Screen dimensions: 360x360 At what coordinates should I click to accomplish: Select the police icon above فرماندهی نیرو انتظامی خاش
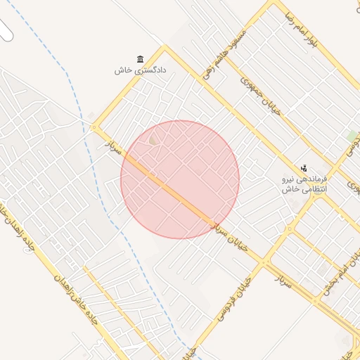coord(304,168)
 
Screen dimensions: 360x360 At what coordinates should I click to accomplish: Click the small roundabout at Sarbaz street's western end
coord(94,127)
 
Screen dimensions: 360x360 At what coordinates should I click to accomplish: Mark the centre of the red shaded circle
coord(180,179)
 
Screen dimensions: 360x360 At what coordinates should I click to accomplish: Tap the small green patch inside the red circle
coord(153,141)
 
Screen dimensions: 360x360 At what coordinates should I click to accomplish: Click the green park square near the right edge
coord(352,135)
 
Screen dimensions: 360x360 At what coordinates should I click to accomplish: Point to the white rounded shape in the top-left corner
coord(6,30)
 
